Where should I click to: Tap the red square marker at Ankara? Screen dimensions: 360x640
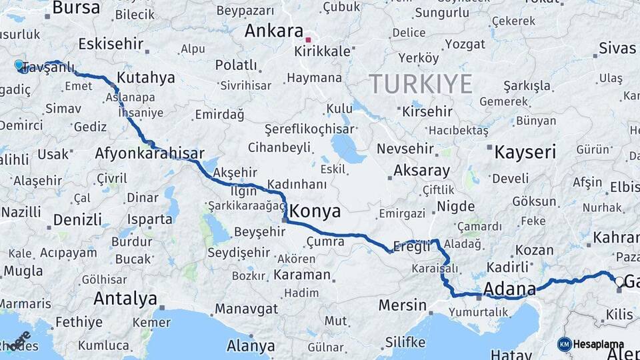click(308, 39)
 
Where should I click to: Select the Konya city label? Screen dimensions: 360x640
click(316, 212)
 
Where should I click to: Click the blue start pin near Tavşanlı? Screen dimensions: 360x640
click(19, 65)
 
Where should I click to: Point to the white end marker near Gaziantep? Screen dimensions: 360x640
click(619, 281)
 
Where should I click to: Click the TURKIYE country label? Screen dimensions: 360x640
click(421, 84)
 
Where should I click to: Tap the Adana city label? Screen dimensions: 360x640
click(510, 289)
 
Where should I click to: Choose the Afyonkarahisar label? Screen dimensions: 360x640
click(149, 152)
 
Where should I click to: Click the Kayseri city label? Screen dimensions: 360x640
click(525, 152)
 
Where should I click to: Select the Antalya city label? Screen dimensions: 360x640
click(125, 298)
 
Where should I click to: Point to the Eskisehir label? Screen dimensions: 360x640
click(111, 44)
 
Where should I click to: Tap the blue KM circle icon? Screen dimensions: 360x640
click(564, 344)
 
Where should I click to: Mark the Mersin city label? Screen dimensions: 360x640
click(402, 305)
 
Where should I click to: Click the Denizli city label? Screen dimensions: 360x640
click(77, 219)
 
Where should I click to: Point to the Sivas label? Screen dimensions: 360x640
click(617, 47)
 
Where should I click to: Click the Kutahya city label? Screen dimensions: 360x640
click(145, 77)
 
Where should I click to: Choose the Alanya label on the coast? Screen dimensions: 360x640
click(251, 346)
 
